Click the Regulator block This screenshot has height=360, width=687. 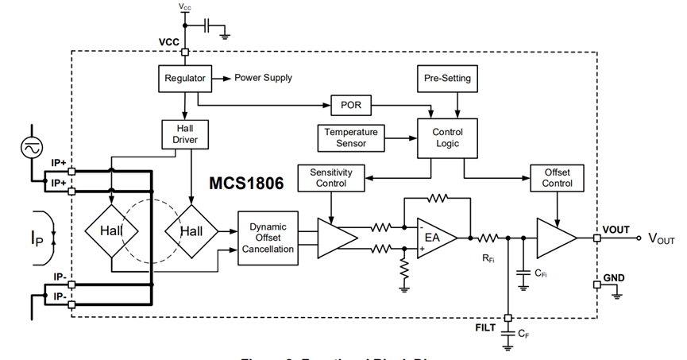pyautogui.click(x=185, y=79)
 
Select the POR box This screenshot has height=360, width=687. pyautogui.click(x=351, y=105)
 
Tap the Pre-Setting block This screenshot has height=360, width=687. pyautogui.click(x=447, y=79)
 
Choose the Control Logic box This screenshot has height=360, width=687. pyautogui.click(x=447, y=137)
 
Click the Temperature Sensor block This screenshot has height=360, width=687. pyautogui.click(x=351, y=137)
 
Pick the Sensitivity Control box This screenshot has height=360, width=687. pyautogui.click(x=330, y=177)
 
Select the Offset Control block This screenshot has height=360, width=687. pyautogui.click(x=557, y=177)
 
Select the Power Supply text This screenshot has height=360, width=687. pyautogui.click(x=263, y=78)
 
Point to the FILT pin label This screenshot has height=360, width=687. pyautogui.click(x=486, y=325)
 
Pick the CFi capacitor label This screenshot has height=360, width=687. pyautogui.click(x=540, y=274)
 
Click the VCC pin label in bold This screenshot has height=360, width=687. pyautogui.click(x=170, y=41)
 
